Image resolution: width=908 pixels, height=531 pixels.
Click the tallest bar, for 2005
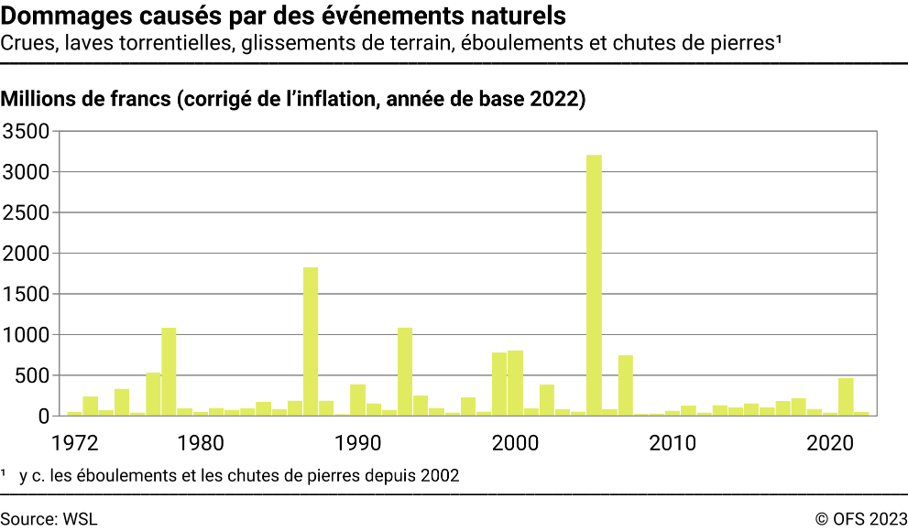click(594, 285)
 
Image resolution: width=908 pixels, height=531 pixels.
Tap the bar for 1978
click(169, 371)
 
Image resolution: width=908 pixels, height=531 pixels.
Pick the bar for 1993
click(405, 371)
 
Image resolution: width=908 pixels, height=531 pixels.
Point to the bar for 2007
click(626, 385)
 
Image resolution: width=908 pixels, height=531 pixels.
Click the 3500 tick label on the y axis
click(30, 132)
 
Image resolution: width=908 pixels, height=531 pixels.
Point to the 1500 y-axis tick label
click(30, 295)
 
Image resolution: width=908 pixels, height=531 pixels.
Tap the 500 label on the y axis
click(35, 376)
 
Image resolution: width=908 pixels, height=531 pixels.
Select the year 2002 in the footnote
click(440, 475)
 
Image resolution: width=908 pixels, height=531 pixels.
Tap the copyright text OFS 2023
click(869, 518)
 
